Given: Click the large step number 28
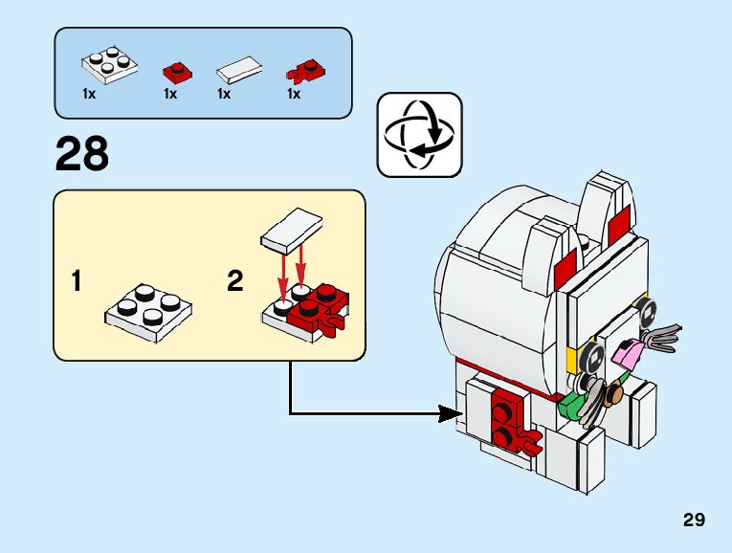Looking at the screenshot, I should (x=82, y=154).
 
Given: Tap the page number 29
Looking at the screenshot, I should (x=694, y=520).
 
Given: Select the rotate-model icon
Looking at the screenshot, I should (x=419, y=135).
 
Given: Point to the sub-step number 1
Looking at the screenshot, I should (x=76, y=281).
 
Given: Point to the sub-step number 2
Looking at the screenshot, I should (x=234, y=281).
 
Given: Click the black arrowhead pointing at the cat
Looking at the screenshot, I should (x=451, y=413).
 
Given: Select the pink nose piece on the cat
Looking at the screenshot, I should (x=627, y=353).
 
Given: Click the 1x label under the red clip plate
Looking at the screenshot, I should (x=294, y=95).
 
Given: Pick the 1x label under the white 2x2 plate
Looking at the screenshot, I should (x=89, y=95).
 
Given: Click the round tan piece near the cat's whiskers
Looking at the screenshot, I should (x=615, y=391).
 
